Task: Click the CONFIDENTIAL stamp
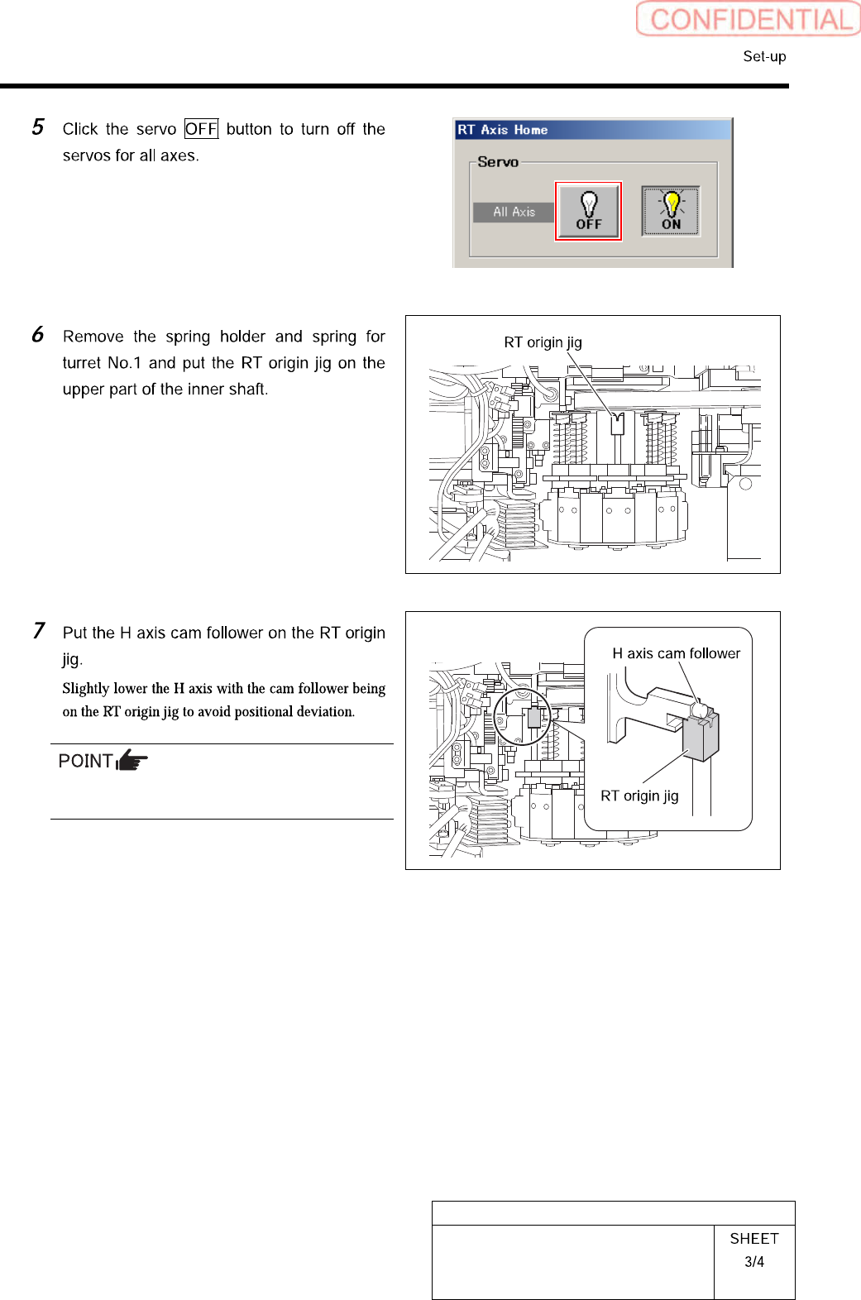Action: (749, 19)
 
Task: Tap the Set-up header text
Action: (764, 56)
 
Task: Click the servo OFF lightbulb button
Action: (588, 212)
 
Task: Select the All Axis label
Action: (514, 212)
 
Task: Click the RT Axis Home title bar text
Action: (503, 130)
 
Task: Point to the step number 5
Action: (38, 127)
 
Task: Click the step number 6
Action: (38, 335)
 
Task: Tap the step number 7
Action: (38, 631)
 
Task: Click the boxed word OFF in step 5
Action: (201, 129)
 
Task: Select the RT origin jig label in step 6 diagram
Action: (543, 342)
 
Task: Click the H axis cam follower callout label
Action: (676, 653)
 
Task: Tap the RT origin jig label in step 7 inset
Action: (639, 796)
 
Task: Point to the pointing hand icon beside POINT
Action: (132, 760)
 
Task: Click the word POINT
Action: (85, 761)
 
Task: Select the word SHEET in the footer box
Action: (754, 1238)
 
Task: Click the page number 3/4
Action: (754, 1262)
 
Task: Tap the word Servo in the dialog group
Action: (498, 162)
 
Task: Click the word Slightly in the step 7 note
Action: (86, 688)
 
